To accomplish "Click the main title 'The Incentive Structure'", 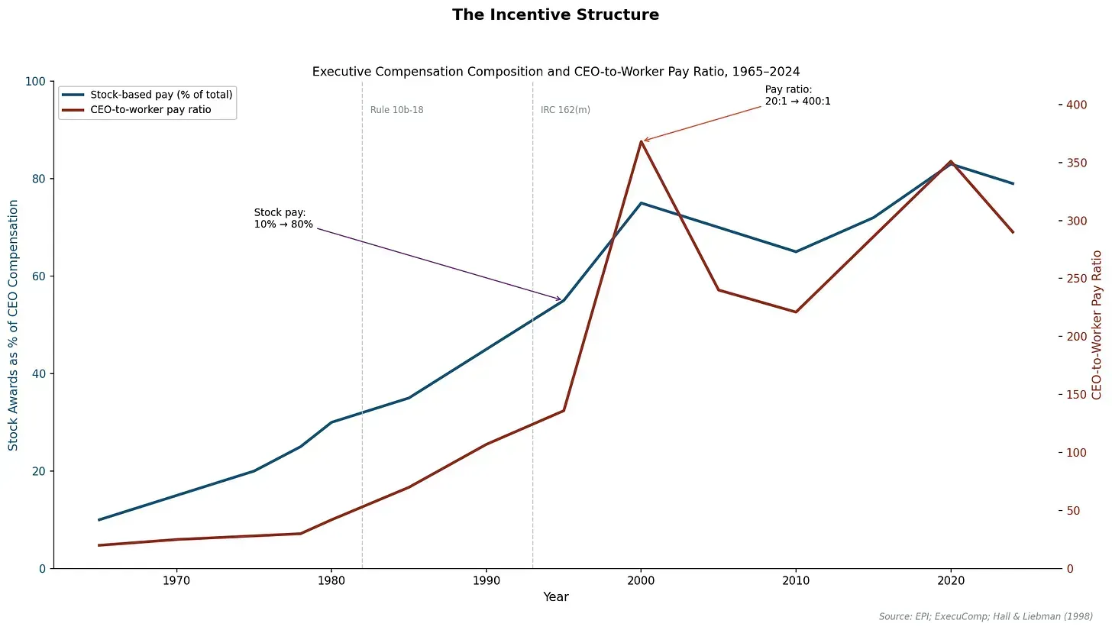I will coord(555,15).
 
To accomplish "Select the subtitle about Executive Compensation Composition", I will coord(555,72).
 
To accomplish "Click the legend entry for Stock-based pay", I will coord(161,95).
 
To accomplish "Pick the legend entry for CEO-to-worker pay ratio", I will coord(150,110).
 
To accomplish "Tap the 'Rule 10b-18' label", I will coord(396,110).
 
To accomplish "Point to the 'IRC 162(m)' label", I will coord(565,110).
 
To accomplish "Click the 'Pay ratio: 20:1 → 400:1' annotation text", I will coord(797,95).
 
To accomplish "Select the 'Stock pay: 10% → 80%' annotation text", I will coord(283,218).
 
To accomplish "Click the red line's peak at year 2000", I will coord(641,141).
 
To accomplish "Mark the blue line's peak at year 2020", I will coord(951,163).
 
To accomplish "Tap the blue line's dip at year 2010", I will coord(796,251).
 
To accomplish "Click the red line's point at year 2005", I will coord(718,289).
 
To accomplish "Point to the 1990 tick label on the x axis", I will coord(486,581).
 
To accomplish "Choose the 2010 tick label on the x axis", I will coord(796,581).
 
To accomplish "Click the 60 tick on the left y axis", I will coord(37,276).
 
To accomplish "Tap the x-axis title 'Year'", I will coord(555,597).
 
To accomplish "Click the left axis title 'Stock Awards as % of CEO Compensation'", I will coord(14,325).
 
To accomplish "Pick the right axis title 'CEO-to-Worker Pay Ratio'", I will coord(1097,325).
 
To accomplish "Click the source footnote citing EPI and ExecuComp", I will coord(985,616).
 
